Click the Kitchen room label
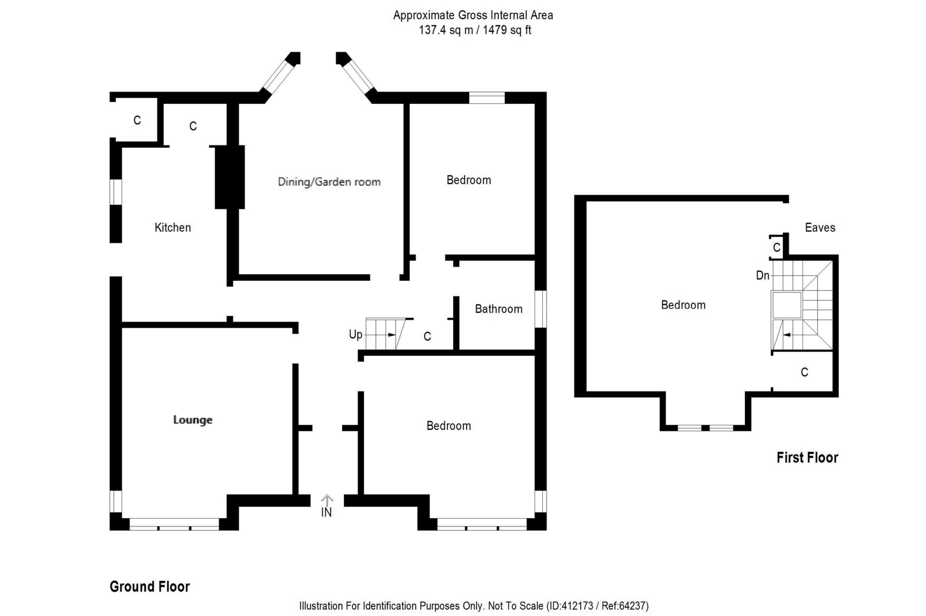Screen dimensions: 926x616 pos(172,227)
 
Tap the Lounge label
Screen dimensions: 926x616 pos(193,420)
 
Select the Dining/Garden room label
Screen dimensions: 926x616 pos(329,182)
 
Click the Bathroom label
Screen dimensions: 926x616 pos(498,309)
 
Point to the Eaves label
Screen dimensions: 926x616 pos(820,227)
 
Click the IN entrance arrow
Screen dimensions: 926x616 pos(327,500)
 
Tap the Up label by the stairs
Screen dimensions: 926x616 pos(355,334)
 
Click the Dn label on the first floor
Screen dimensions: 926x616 pos(762,275)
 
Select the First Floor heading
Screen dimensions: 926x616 pos(807,458)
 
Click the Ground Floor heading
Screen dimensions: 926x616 pos(150,587)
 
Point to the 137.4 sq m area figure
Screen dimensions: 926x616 pos(446,30)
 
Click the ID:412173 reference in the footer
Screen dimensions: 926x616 pos(572,606)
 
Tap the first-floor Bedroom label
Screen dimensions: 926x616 pos(683,305)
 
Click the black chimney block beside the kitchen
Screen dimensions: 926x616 pos(230,177)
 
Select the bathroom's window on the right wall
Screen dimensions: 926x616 pos(541,309)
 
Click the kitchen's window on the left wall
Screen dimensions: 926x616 pos(116,192)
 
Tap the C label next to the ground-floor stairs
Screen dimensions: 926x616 pos(427,337)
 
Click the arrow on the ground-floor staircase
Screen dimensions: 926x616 pos(391,335)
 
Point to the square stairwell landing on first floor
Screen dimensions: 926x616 pos(787,305)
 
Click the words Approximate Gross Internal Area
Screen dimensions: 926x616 pos(473,16)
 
